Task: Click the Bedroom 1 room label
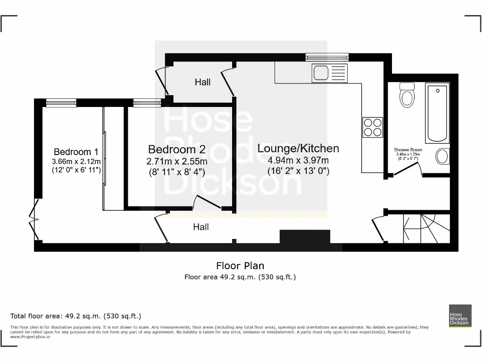pos(76,152)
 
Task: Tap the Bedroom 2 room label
pos(177,149)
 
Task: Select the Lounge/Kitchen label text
pos(298,148)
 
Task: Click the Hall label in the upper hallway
pos(203,82)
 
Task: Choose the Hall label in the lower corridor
pos(201,227)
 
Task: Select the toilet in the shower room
pos(407,95)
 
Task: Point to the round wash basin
pos(442,156)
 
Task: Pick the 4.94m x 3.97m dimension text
pos(298,160)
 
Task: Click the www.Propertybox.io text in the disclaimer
pos(30,337)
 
